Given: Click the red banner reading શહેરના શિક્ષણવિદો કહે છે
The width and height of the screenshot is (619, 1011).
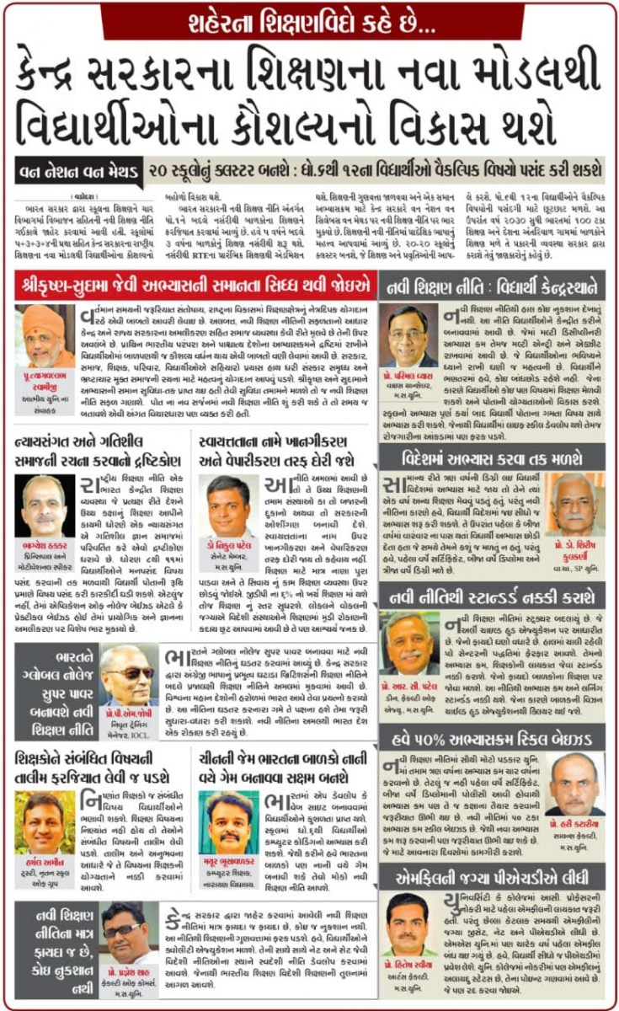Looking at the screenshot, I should (309, 20).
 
